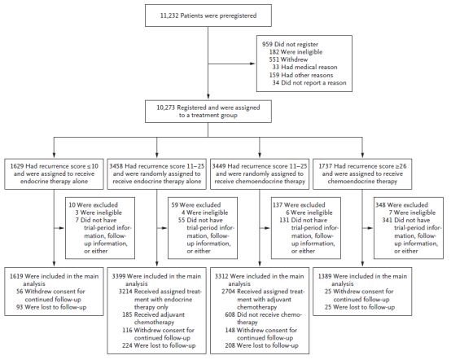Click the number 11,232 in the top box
tap(169, 15)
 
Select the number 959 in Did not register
tap(267, 44)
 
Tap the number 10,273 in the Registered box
tap(166, 108)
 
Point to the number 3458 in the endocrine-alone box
tap(116, 166)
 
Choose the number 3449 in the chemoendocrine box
tap(219, 166)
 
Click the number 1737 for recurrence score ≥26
tap(326, 166)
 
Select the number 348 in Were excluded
tap(380, 205)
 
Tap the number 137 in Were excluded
tap(278, 205)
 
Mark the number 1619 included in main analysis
tap(16, 276)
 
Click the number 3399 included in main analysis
tap(119, 276)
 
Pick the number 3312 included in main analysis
tap(221, 276)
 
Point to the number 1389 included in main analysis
tap(325, 276)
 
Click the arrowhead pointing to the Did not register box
tap(253, 64)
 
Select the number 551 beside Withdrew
tap(274, 59)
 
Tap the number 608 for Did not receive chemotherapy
tap(230, 315)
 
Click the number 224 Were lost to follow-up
tap(127, 345)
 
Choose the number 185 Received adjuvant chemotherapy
tap(127, 315)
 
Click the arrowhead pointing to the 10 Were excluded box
tap(62, 228)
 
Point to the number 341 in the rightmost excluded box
tap(388, 220)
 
